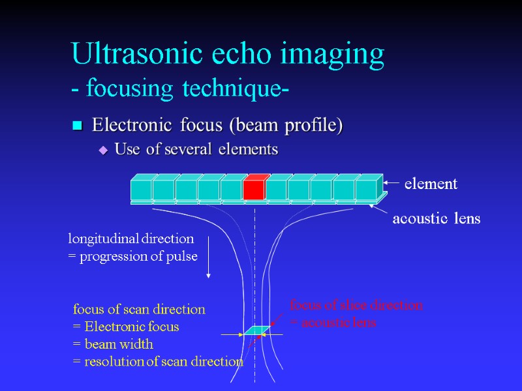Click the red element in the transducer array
[253, 189]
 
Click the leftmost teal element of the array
[141, 189]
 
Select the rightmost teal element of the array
[366, 189]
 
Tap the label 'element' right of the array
[431, 184]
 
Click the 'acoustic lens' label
[436, 219]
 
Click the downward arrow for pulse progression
[208, 257]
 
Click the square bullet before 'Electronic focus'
[78, 125]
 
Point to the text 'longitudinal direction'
[131, 239]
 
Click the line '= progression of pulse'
[133, 256]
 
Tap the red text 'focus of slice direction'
[356, 305]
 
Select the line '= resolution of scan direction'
[158, 362]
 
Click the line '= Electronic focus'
[126, 326]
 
